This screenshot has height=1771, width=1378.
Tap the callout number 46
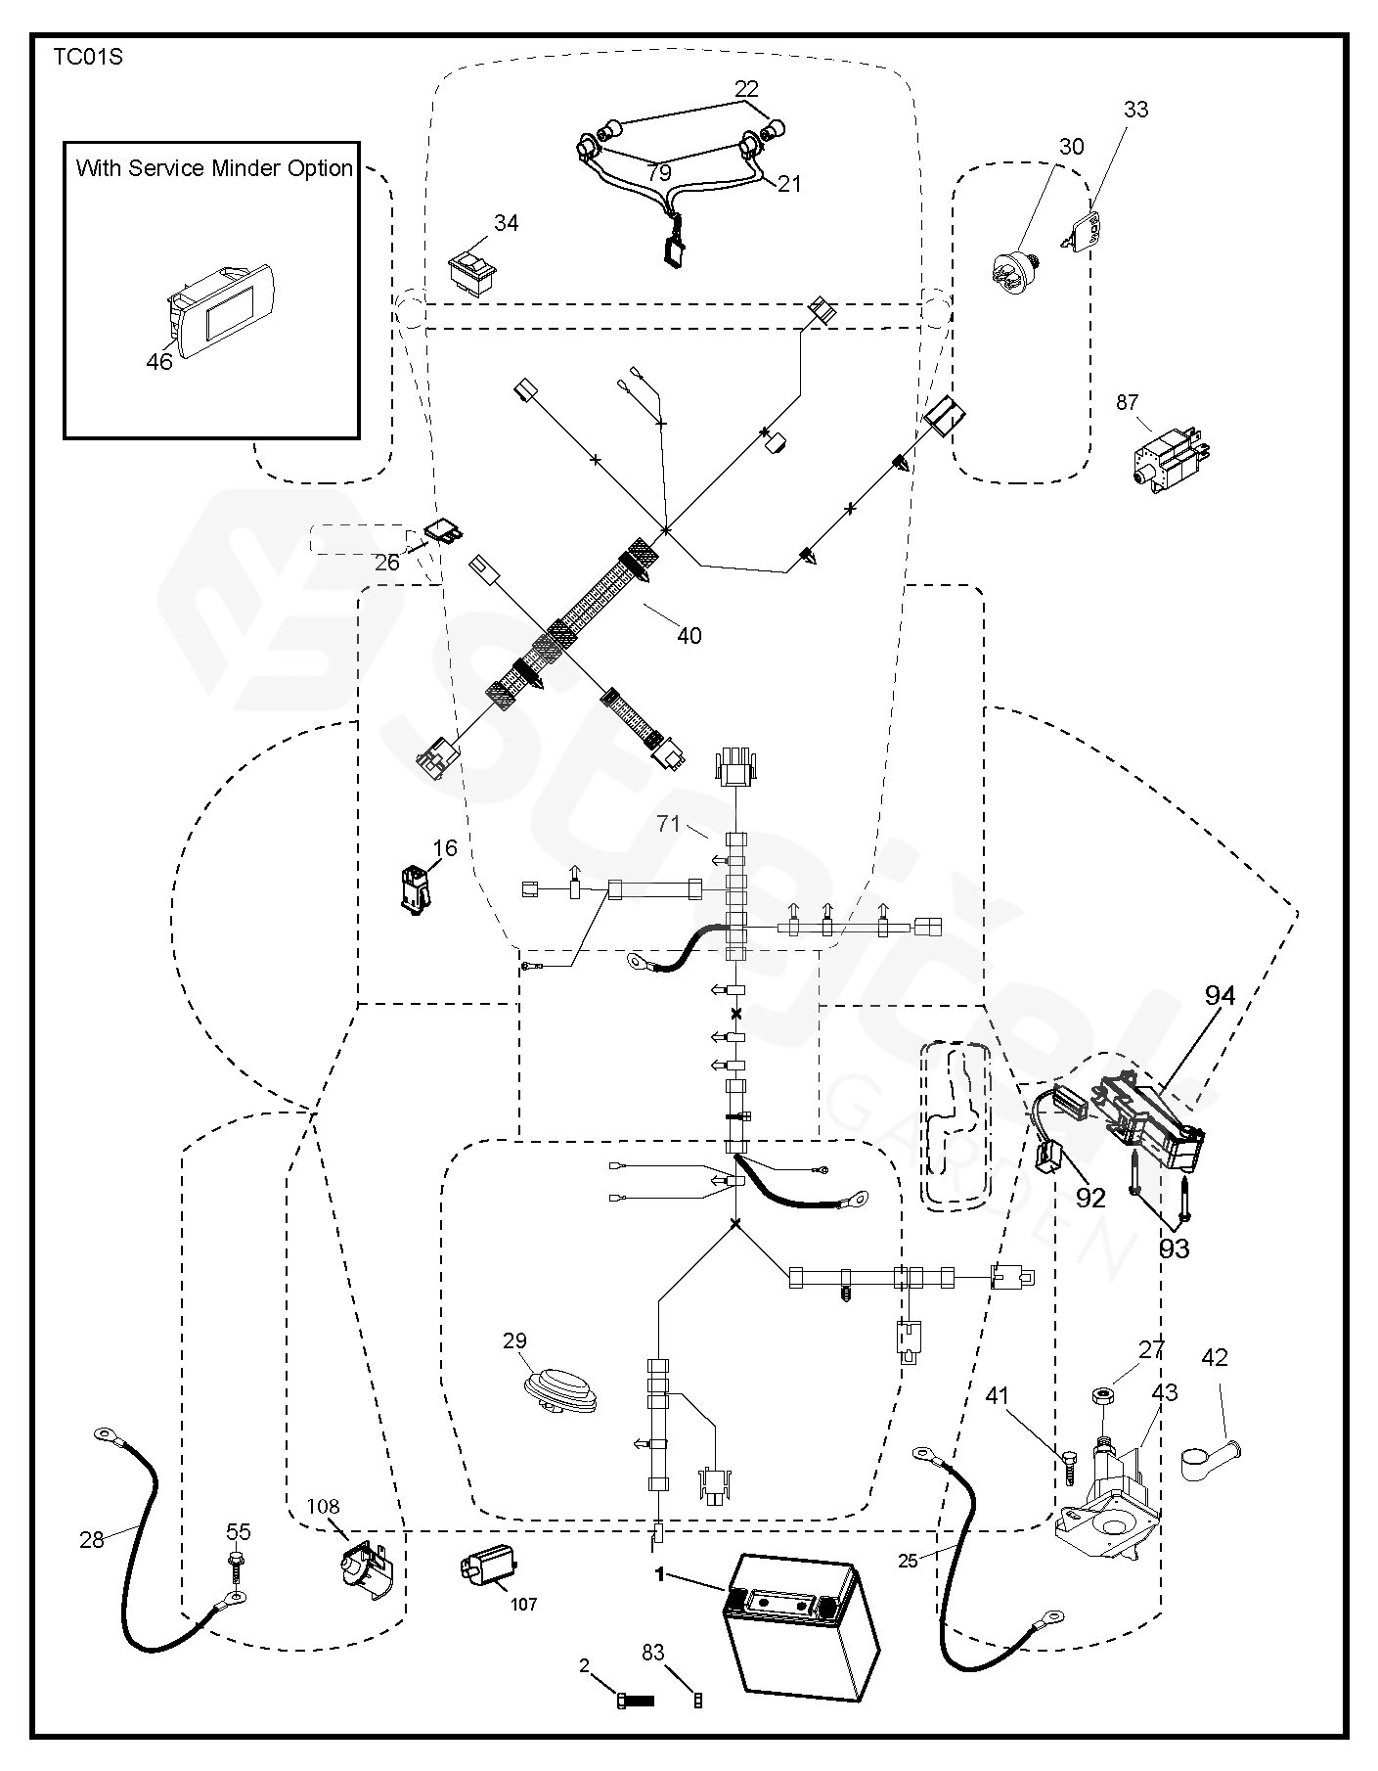click(159, 362)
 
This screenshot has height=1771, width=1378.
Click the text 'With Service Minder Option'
click(214, 168)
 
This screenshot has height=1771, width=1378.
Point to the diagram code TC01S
click(88, 57)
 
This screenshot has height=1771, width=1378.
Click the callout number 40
click(689, 636)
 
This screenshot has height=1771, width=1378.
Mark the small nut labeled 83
click(697, 1701)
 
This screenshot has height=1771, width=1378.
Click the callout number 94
click(1220, 996)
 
